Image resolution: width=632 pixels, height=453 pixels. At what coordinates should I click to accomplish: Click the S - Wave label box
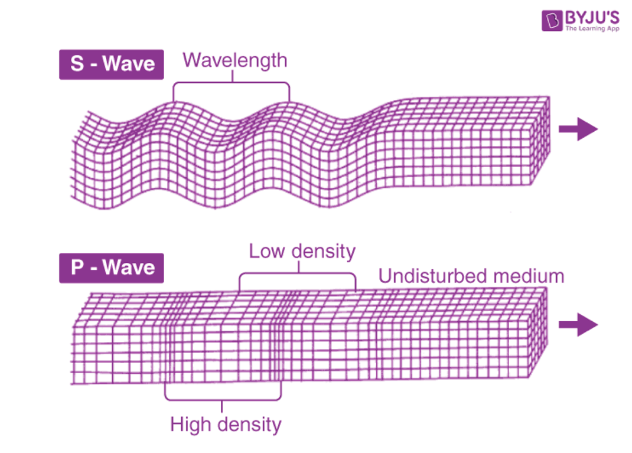click(x=111, y=65)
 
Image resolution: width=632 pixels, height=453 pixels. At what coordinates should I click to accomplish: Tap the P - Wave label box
click(x=111, y=268)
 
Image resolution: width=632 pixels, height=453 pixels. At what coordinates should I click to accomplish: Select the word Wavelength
click(x=235, y=61)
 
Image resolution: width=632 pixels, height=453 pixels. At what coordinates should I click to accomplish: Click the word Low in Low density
click(x=267, y=251)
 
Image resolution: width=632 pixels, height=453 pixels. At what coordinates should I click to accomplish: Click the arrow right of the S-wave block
click(x=578, y=129)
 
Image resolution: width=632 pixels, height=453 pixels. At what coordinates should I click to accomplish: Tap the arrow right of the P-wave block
click(x=578, y=325)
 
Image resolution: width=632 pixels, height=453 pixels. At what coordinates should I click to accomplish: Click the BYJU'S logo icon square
click(x=552, y=20)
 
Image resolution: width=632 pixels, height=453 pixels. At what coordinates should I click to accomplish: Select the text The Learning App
click(x=592, y=28)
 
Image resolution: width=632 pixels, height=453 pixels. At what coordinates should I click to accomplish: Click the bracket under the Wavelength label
click(x=232, y=82)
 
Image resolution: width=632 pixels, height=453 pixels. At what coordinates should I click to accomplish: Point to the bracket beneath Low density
click(x=298, y=274)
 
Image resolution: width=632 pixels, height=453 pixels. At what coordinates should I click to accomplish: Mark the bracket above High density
click(x=223, y=400)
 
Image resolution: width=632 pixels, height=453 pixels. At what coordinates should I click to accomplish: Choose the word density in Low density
click(x=323, y=252)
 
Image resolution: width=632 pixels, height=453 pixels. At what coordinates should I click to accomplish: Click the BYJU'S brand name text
click(x=592, y=18)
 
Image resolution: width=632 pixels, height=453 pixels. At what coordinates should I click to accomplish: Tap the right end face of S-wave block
click(x=540, y=141)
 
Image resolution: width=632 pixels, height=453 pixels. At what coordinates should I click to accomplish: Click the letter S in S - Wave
click(x=77, y=64)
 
